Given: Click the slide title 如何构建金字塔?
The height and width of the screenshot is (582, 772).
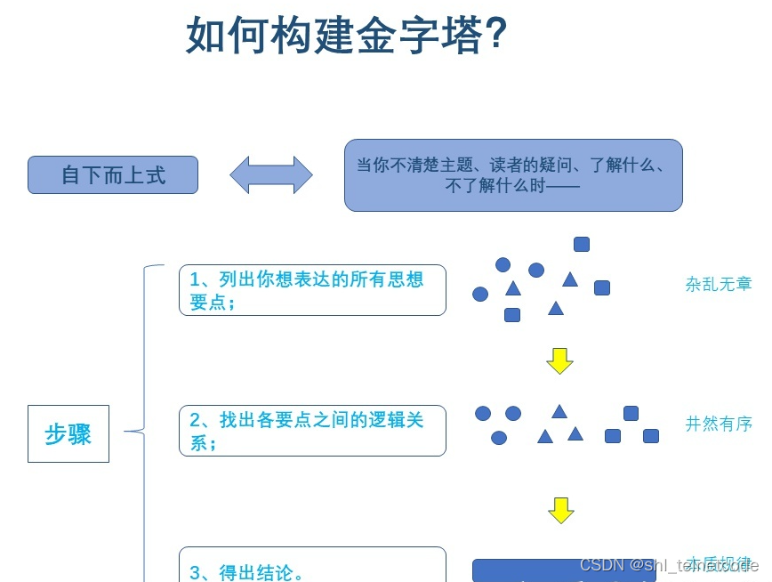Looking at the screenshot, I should (x=346, y=36).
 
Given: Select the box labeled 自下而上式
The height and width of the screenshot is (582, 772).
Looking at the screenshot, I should (x=113, y=175).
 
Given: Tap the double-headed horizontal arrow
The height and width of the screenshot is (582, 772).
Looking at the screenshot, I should (x=271, y=175).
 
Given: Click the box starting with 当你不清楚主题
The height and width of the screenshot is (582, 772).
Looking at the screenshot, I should (x=513, y=175).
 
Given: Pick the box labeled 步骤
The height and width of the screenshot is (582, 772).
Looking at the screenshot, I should (x=68, y=434).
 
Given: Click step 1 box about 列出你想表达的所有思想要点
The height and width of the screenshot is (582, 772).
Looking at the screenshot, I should (x=312, y=290).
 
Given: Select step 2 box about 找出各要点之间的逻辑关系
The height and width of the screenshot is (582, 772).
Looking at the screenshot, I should (x=312, y=431).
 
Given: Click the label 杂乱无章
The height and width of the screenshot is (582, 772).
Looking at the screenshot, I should (x=719, y=285).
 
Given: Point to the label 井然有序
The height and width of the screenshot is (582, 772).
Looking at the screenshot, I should (x=719, y=424).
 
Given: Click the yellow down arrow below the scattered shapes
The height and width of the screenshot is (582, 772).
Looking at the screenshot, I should (x=559, y=360).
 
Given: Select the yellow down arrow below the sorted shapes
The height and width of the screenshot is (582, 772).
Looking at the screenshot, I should (x=561, y=510).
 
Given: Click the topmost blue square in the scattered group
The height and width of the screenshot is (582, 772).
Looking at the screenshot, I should (x=582, y=244).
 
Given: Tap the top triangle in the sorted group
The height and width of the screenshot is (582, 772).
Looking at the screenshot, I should (x=559, y=411).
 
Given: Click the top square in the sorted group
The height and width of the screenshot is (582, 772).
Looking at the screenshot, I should (x=631, y=413).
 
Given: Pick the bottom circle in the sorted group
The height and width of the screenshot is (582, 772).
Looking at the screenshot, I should (x=499, y=438).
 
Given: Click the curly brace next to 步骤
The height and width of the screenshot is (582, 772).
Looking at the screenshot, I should (x=142, y=431).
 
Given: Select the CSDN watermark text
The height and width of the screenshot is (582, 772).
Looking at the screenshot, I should (x=667, y=565).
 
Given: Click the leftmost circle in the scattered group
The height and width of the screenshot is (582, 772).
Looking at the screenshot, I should (x=480, y=294).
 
